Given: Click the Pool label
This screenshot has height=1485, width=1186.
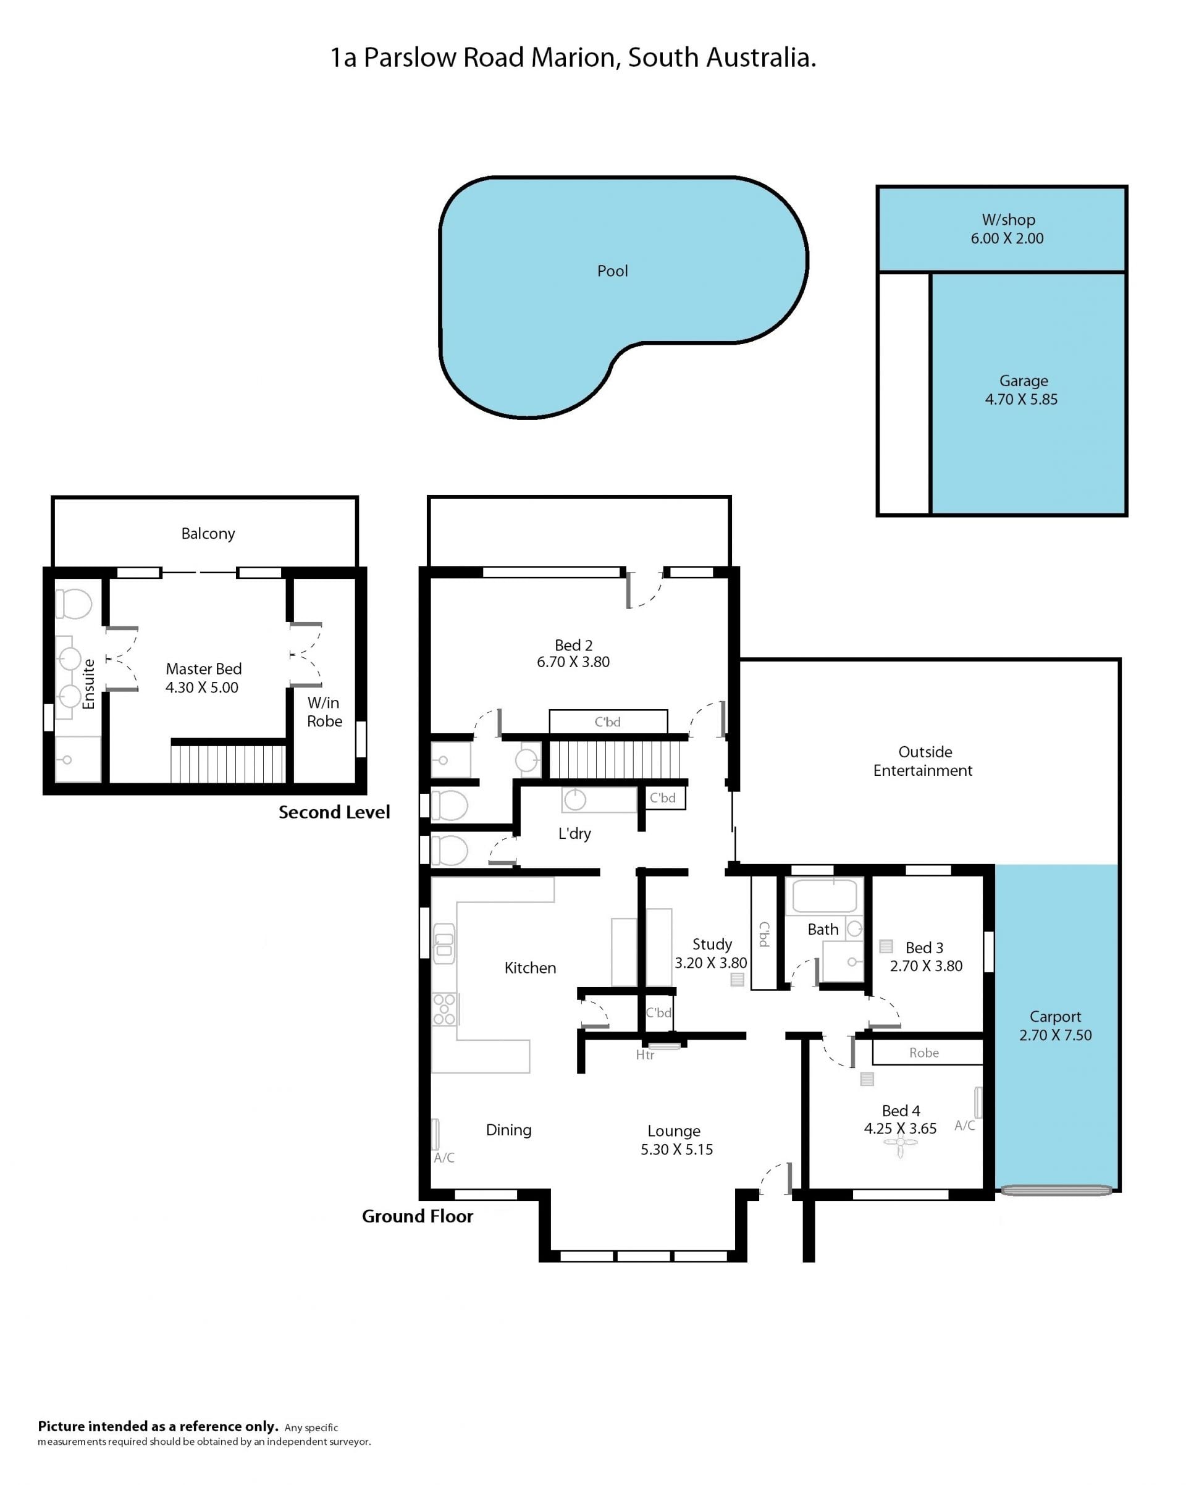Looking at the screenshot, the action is point(612,271).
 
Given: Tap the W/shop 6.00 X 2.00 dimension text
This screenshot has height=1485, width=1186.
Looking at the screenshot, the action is point(1007,238).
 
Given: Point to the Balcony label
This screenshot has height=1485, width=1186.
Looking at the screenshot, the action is point(208,534).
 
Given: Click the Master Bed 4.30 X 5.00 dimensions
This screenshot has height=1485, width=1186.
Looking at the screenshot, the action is point(202,688).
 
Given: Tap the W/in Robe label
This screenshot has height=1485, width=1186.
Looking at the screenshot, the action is point(324,712).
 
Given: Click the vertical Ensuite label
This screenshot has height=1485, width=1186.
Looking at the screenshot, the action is point(88,684).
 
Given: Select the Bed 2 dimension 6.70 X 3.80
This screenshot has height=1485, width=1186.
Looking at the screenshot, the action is point(573,662).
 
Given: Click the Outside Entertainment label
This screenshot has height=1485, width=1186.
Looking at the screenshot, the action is point(923,761).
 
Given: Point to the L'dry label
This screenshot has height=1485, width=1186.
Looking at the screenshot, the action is point(574,833).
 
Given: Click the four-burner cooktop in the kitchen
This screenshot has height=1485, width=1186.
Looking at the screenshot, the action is point(444,1009).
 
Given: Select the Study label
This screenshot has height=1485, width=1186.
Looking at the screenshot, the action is point(712,944).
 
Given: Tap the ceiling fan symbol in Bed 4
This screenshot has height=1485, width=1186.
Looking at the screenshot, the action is point(900,1144).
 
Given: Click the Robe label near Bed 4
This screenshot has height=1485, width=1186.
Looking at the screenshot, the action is point(923,1053).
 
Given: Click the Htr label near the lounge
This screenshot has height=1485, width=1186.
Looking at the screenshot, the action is point(645,1054).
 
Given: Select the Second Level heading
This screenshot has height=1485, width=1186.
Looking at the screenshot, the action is point(334,812).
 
